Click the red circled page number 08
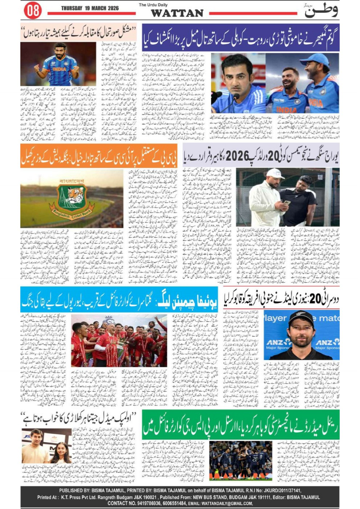32,11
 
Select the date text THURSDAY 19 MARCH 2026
90,8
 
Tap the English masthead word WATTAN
177,13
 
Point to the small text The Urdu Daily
152,5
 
